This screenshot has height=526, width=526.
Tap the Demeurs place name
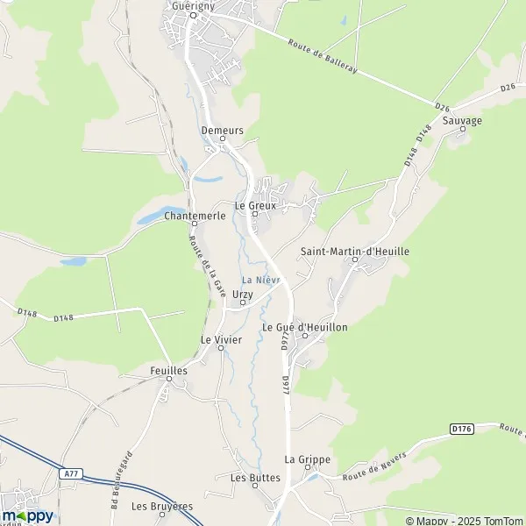(222, 130)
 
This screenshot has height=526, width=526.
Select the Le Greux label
(255, 205)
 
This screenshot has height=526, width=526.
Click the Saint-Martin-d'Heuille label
(355, 251)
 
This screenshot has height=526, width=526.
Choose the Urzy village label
(243, 295)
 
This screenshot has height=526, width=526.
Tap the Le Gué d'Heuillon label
(305, 327)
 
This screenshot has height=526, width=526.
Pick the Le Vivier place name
(221, 338)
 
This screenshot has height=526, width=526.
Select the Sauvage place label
(463, 120)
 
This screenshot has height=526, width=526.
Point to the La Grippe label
(301, 458)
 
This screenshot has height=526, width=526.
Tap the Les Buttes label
(255, 478)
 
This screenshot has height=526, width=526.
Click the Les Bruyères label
(162, 506)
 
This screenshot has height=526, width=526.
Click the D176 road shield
(461, 429)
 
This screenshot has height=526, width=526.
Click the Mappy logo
(27, 515)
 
